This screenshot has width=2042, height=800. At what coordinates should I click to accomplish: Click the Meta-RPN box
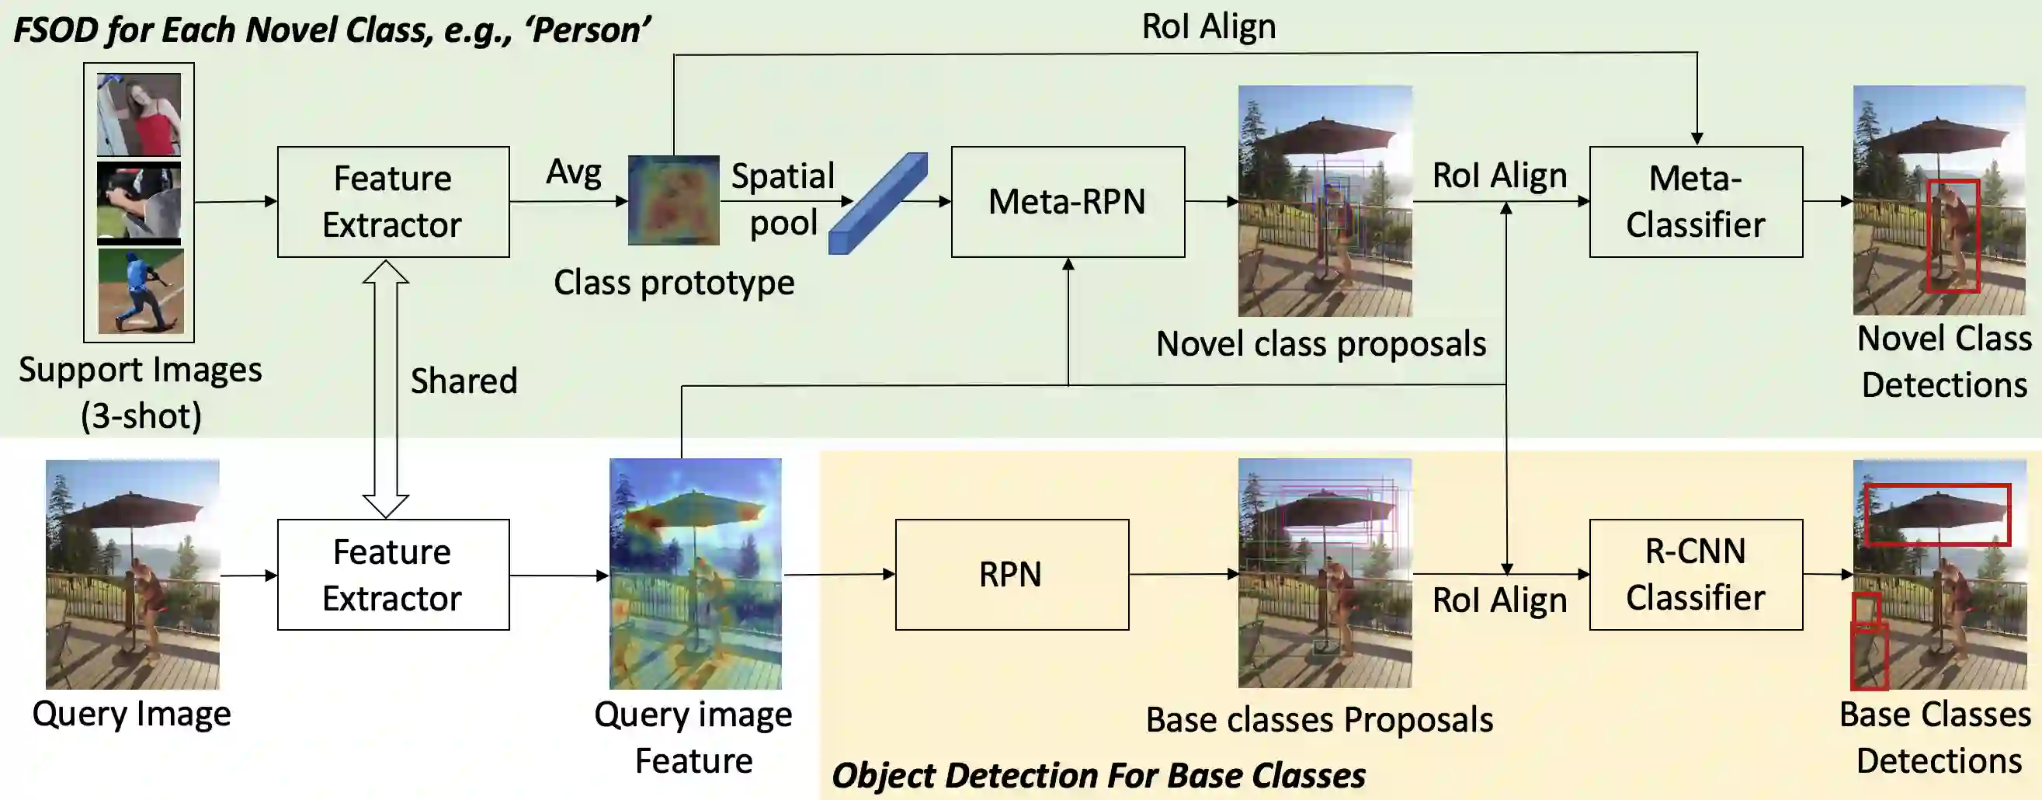click(1068, 201)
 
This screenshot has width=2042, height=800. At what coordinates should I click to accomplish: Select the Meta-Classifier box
click(1696, 201)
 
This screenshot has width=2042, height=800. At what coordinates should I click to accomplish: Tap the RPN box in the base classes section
click(1012, 574)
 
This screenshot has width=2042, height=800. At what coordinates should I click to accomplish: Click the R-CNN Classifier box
click(1696, 574)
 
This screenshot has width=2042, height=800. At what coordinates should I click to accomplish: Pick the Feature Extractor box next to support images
click(393, 201)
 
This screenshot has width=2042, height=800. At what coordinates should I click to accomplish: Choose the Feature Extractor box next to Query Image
click(393, 574)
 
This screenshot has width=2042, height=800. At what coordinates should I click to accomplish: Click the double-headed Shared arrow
click(385, 388)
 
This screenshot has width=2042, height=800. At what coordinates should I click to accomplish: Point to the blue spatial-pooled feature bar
click(877, 203)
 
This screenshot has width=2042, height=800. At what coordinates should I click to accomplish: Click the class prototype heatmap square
click(674, 200)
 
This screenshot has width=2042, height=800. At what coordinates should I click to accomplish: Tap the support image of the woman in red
click(139, 114)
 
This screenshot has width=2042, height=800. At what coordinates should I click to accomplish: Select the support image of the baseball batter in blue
click(141, 291)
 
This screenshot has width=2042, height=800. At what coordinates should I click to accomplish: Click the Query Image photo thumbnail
click(133, 574)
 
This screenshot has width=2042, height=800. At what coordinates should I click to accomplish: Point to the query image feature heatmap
click(695, 573)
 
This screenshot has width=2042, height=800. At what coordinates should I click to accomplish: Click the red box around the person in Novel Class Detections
click(1953, 236)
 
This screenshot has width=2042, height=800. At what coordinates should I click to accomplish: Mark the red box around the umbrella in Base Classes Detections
click(1937, 516)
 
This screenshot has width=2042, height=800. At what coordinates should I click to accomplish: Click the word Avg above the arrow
click(574, 172)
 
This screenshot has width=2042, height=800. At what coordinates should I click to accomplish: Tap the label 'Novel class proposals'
click(1321, 344)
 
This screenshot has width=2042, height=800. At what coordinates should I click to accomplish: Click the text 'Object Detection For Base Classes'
click(1099, 775)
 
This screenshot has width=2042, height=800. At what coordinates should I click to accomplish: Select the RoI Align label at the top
click(1209, 26)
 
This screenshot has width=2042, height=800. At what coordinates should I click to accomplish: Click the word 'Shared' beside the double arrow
click(464, 381)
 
